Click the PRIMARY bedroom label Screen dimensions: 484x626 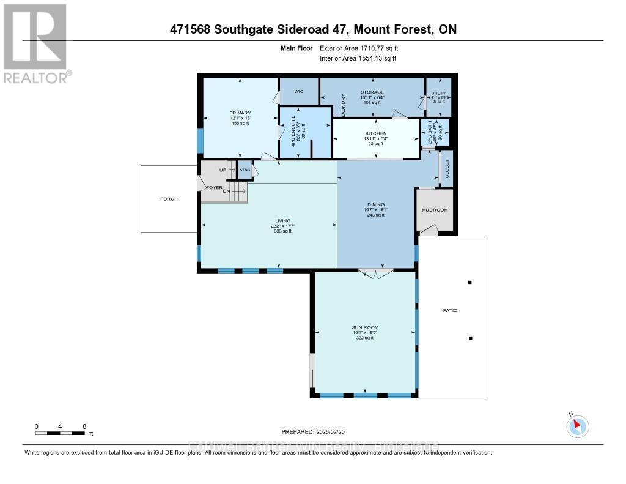pos(240,113)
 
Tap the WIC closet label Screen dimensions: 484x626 pos(299,91)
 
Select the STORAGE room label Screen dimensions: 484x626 pos(372,92)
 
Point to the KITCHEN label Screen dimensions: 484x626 pos(376,133)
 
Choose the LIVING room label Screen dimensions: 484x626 pos(282,220)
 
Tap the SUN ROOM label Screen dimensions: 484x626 pos(365,327)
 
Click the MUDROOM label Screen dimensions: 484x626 pos(435,210)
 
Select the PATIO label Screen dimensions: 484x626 pos(450,311)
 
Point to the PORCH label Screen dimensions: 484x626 pos(169,199)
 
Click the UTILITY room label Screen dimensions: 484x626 pos(439,93)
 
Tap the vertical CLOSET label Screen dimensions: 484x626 pos(446,168)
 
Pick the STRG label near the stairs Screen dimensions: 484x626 pos(245,169)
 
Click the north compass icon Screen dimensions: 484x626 pos(577,426)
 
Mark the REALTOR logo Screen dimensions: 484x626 pos(36,43)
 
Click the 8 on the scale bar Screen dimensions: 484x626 pos(84,426)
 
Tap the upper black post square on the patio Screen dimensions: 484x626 pos(470,283)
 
